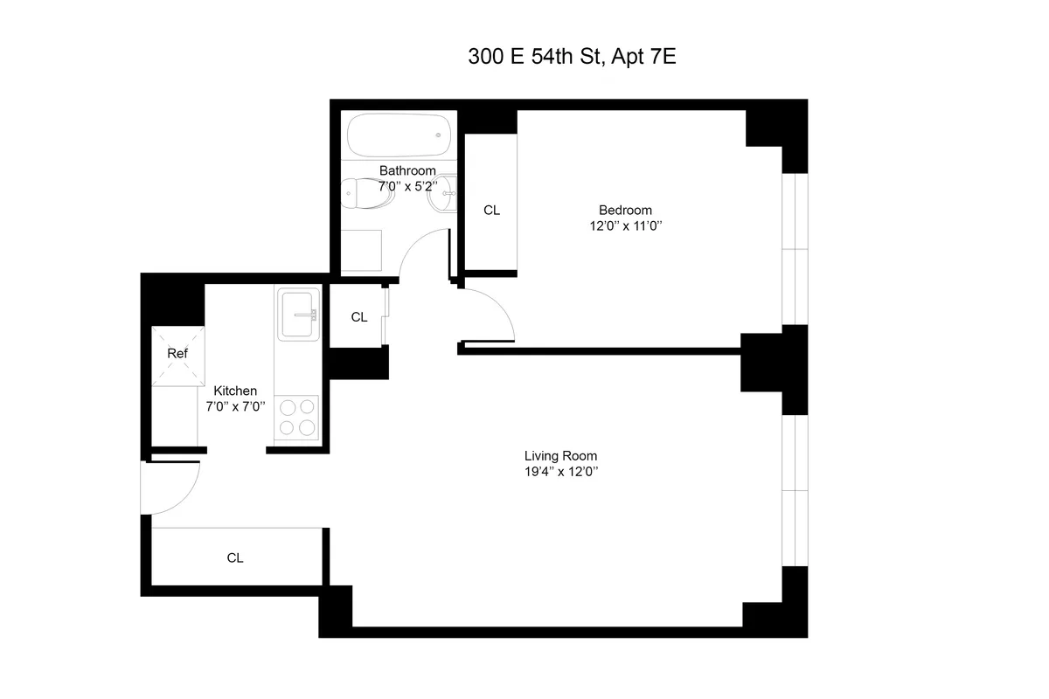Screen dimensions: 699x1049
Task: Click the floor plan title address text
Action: [x=573, y=58]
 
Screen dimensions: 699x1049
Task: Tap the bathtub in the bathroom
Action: [x=399, y=135]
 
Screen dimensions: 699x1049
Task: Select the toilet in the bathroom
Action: [x=367, y=194]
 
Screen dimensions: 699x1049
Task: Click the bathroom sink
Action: [x=441, y=194]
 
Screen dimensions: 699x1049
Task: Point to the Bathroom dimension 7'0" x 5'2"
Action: [x=406, y=186]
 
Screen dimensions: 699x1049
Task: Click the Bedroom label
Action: [x=625, y=210]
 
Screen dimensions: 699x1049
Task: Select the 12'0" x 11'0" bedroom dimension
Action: [x=625, y=225]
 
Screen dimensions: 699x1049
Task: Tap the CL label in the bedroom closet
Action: [x=492, y=210]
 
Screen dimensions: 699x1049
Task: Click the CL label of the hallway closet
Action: [x=359, y=317]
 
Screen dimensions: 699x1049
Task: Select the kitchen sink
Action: [x=298, y=315]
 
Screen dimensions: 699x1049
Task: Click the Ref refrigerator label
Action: [x=177, y=354]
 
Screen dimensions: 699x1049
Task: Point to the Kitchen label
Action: [x=235, y=391]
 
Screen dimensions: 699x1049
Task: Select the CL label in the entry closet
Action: [x=235, y=557]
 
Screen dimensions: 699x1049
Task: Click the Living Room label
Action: [x=560, y=455]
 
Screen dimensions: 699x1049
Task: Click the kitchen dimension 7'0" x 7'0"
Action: [x=235, y=406]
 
